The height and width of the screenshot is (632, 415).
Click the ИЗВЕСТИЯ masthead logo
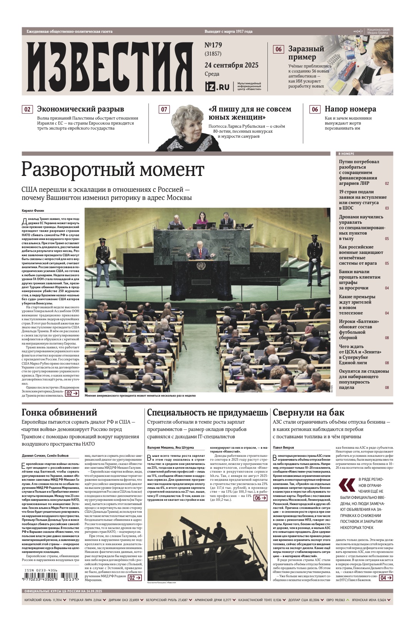[110, 66]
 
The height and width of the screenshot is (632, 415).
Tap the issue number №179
[213, 45]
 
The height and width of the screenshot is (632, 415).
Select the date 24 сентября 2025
[231, 65]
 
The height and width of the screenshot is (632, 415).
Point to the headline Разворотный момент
[113, 170]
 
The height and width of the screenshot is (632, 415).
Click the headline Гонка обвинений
[59, 412]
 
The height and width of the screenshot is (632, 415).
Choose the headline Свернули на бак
[308, 412]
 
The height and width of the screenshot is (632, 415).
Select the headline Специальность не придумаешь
[207, 412]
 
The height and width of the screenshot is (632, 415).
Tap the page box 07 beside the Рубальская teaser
[164, 109]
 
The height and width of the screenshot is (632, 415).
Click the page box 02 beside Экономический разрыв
[27, 109]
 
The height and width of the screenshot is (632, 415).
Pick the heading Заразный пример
[306, 53]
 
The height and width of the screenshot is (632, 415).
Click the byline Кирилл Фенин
[33, 211]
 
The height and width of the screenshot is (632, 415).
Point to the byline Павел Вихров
[283, 448]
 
